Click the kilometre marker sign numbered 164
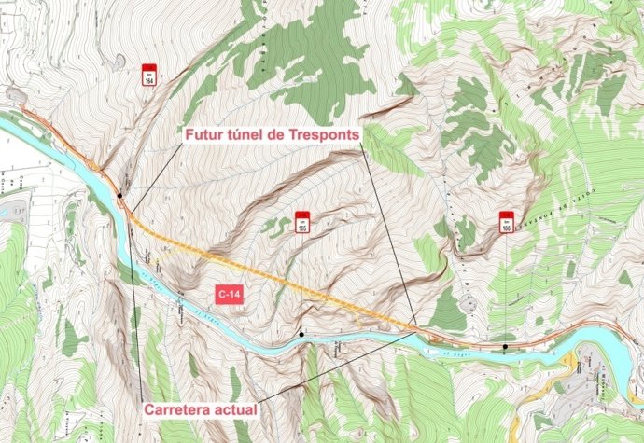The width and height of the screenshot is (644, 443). coord(148,75)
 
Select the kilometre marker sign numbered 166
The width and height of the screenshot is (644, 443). coord(506,221)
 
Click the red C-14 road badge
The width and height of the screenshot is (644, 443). coord(228,295)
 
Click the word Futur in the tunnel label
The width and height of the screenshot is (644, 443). coord(204,136)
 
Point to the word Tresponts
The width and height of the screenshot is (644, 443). coord(322,136)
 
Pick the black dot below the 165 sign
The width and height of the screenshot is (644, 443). coord(301,333)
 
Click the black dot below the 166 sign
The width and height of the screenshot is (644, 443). coord(505,347)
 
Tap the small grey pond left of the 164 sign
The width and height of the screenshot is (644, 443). coord(119,61)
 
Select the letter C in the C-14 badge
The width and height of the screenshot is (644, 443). coord(221,295)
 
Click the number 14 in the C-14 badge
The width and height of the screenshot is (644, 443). coord(233,295)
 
